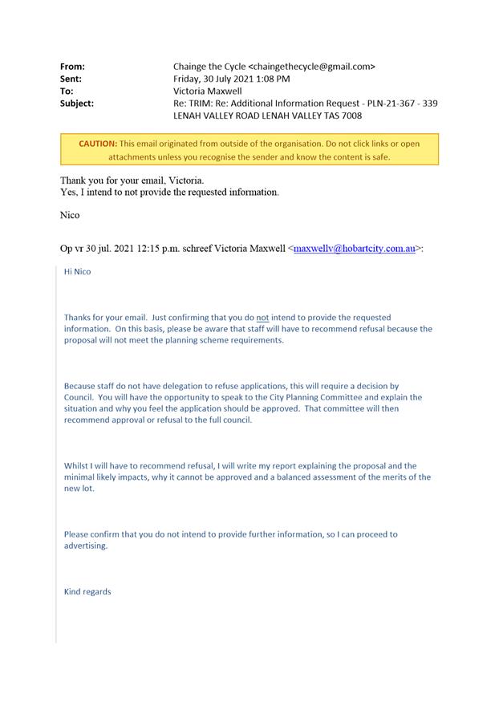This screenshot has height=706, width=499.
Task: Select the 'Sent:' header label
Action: [71, 79]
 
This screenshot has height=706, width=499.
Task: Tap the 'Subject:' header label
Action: [77, 103]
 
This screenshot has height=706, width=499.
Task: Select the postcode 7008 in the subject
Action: [350, 116]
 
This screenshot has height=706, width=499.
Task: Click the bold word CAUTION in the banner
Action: [98, 144]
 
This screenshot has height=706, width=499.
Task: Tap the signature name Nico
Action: [71, 216]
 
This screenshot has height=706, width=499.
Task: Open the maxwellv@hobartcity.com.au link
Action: [354, 250]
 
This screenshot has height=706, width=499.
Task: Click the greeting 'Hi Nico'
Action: [78, 272]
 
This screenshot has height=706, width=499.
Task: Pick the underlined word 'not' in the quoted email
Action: [262, 318]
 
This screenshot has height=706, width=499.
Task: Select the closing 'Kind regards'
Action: [87, 592]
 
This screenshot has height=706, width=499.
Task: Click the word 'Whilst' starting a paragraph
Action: [77, 465]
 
